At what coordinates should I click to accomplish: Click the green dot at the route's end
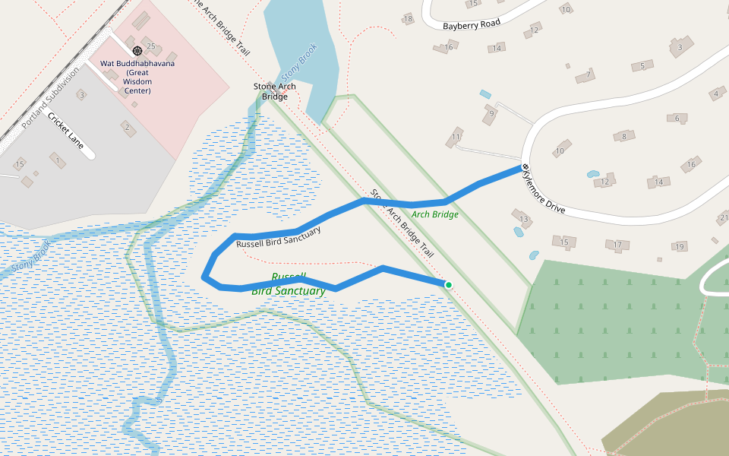pos(449,285)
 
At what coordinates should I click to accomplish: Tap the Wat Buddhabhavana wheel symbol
pos(137,50)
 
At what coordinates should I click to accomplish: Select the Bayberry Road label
pos(472,24)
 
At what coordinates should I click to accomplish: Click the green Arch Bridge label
pos(435,214)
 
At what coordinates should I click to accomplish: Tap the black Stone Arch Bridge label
pos(275,91)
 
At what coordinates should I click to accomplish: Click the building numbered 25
pos(150,46)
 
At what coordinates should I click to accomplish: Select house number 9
pos(491,115)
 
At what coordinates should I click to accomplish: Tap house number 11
pos(456,137)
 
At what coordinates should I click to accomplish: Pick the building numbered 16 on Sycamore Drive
pos(690,164)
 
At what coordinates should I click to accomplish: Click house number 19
pos(679,247)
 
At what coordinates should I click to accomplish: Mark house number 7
pos(587,74)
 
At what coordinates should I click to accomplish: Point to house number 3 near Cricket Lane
pos(81,94)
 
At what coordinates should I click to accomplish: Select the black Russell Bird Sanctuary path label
pos(278,236)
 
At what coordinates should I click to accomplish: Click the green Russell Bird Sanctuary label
pos(289,283)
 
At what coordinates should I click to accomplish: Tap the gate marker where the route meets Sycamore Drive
pos(524,167)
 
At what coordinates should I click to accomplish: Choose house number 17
pos(617,245)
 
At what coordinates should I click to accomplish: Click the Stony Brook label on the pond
pos(299,62)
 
